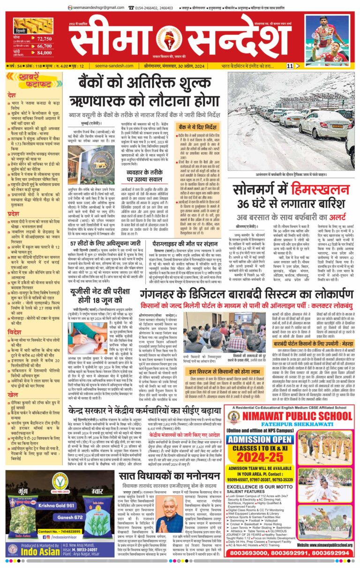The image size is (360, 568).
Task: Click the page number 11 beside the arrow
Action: point(290,66)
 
